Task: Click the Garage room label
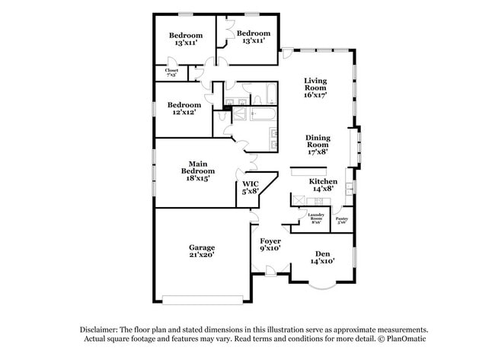(202, 247)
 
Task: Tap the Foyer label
(270, 240)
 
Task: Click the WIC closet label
(251, 184)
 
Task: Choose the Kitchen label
(322, 181)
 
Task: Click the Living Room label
(315, 84)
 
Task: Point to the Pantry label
(342, 218)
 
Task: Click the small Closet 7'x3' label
(171, 71)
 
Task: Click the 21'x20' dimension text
(202, 256)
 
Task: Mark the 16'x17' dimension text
(315, 96)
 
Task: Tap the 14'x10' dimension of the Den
(322, 261)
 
